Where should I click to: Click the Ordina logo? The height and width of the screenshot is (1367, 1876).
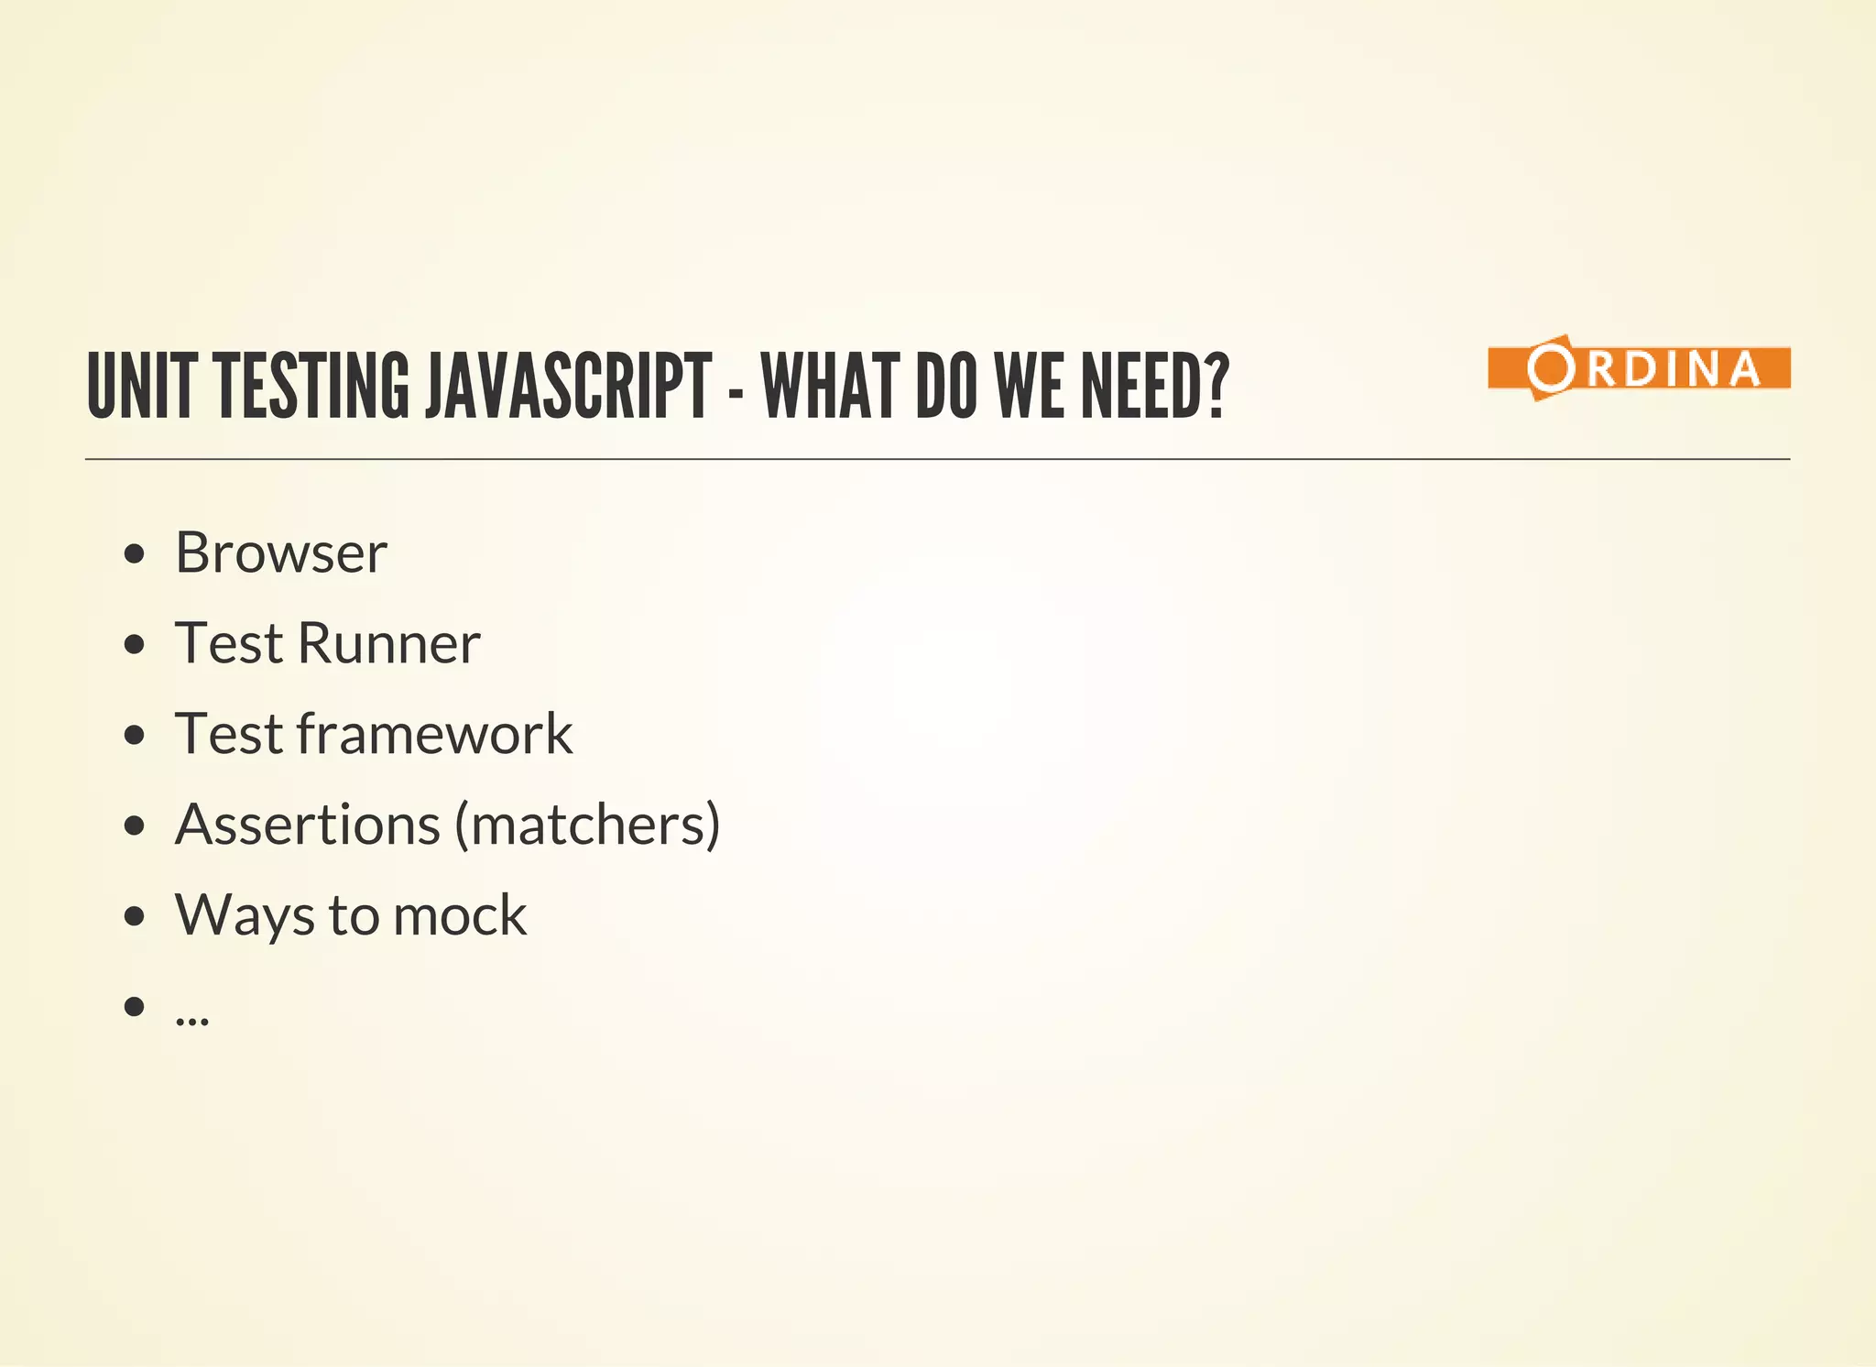[x=1639, y=367]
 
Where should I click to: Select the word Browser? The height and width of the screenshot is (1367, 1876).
[x=281, y=552]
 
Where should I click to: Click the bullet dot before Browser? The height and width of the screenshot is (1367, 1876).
[x=135, y=553]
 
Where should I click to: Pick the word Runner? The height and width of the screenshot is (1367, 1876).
[x=388, y=643]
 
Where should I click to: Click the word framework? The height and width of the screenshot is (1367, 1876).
[x=434, y=734]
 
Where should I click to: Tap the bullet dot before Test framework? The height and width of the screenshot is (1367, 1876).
[x=135, y=735]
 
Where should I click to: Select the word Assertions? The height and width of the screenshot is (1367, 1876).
[x=308, y=825]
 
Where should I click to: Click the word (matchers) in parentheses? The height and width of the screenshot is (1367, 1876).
[x=588, y=825]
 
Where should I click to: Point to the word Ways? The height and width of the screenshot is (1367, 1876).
[x=244, y=915]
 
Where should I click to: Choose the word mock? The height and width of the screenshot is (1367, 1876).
[x=460, y=915]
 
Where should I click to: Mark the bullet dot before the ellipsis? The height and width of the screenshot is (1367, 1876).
[x=135, y=1006]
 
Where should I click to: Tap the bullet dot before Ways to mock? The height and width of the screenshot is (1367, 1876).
[x=135, y=916]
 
